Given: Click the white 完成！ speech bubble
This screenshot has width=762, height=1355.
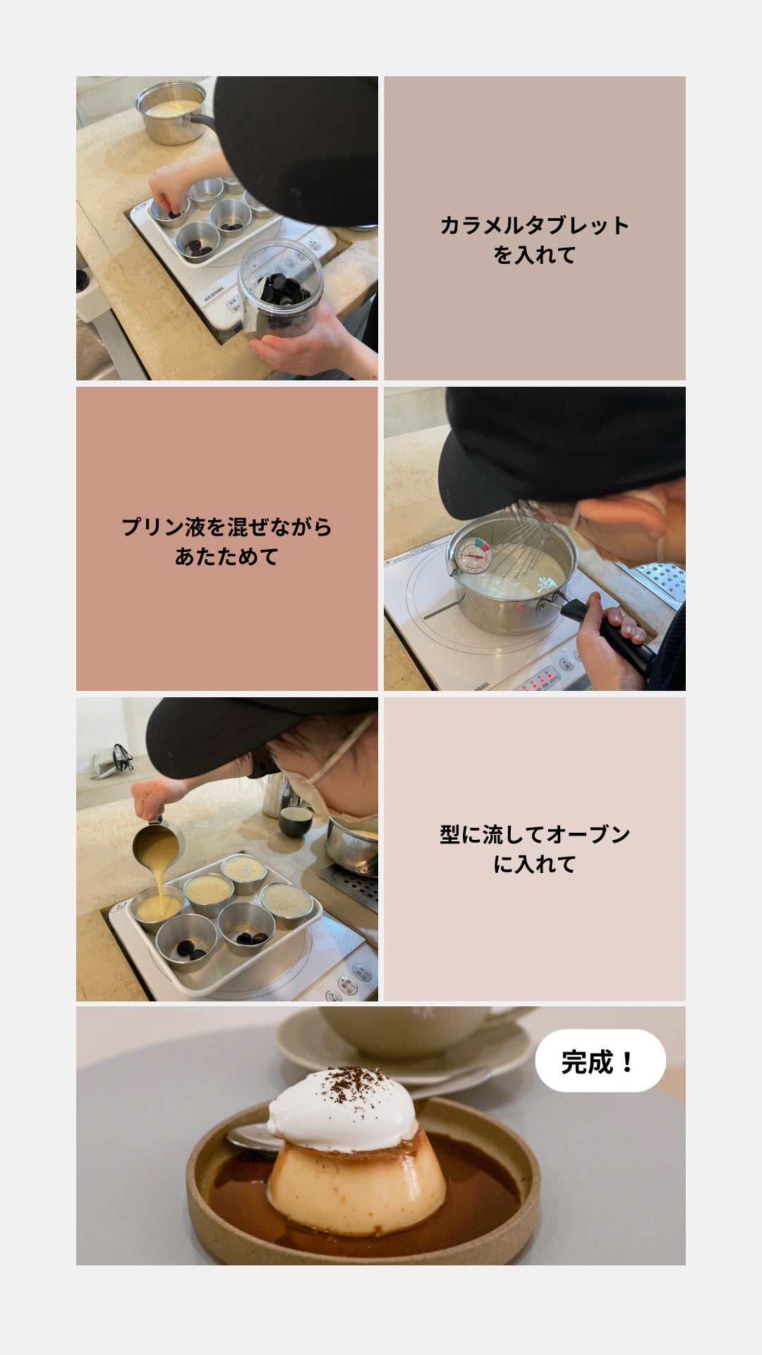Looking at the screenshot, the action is click(x=600, y=1061).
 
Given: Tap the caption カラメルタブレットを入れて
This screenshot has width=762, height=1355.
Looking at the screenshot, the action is click(x=535, y=240).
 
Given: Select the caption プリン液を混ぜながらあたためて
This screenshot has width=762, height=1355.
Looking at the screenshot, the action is click(x=226, y=541).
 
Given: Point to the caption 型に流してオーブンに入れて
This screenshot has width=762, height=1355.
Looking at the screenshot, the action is click(x=535, y=849).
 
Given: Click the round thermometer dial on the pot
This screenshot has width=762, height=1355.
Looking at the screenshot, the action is click(x=473, y=555).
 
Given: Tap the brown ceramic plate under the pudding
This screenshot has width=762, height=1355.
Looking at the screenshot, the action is click(x=363, y=1200).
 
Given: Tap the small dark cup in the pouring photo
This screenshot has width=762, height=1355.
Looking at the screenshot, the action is click(x=295, y=821).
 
